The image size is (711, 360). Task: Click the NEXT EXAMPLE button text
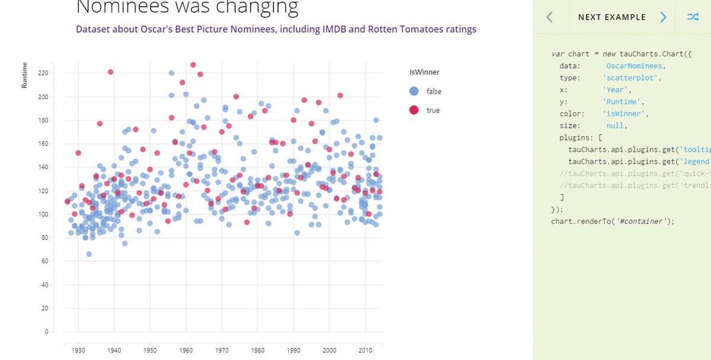tap(612, 17)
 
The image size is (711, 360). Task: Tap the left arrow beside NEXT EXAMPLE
tap(549, 17)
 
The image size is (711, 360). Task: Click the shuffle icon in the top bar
tap(693, 17)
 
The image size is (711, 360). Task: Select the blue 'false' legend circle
tap(414, 91)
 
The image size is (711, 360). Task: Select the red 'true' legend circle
tap(414, 110)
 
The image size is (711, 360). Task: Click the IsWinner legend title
tap(424, 72)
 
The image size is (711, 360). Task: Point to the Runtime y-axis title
tap(25, 76)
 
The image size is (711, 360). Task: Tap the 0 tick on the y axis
tap(46, 332)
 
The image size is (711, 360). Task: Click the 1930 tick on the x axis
tap(78, 351)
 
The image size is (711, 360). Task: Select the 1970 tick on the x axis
tap(222, 351)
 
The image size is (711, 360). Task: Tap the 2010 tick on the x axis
tap(365, 351)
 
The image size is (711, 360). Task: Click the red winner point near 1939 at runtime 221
tap(110, 72)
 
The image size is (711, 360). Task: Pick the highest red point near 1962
tap(193, 65)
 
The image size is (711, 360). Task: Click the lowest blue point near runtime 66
tap(89, 254)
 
